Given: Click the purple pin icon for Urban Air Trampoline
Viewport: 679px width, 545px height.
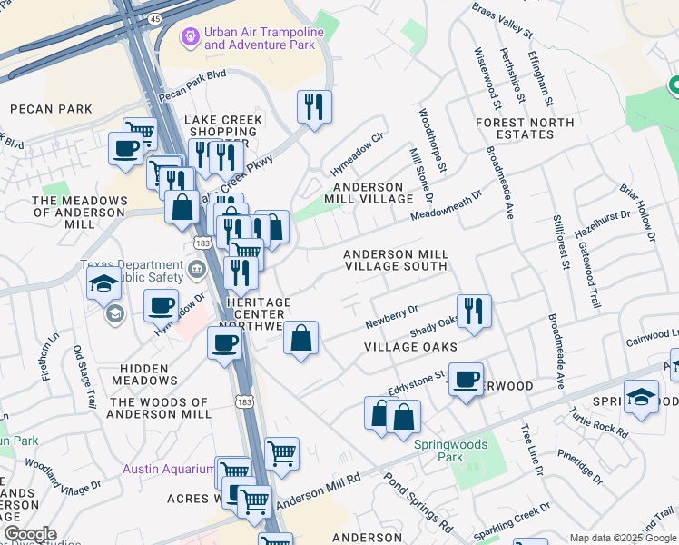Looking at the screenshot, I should tap(190, 37).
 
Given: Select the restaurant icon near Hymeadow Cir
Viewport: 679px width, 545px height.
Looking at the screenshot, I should tap(314, 106).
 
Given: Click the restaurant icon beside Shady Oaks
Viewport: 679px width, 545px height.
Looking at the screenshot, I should tap(474, 310).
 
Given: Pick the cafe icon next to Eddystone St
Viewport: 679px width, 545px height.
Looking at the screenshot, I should tap(466, 378).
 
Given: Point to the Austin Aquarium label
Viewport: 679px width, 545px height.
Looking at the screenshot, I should tap(168, 470).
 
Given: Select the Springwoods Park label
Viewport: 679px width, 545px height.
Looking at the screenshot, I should tap(451, 451).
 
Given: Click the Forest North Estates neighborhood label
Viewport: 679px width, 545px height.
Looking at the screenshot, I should tap(525, 128).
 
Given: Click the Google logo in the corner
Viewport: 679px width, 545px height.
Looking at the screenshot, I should tap(30, 534).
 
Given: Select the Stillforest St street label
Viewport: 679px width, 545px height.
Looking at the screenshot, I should tap(559, 243).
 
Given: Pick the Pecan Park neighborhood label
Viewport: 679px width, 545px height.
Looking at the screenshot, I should tap(51, 109).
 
